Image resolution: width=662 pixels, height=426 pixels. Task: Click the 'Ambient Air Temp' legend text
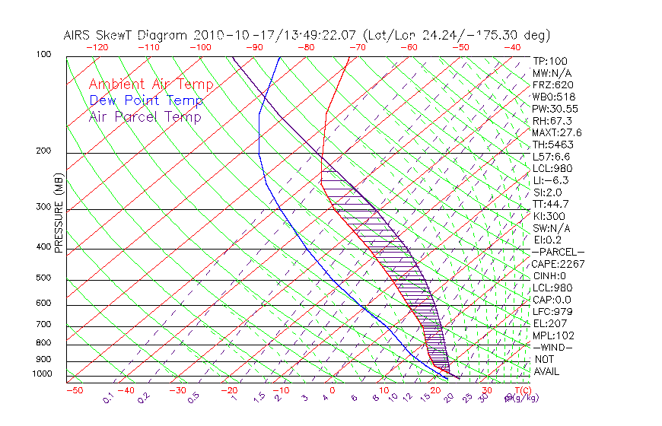pos(151,84)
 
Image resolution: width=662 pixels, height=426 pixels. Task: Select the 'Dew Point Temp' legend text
pos(145,100)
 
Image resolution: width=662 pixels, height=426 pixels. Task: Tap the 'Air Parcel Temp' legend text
pos(145,116)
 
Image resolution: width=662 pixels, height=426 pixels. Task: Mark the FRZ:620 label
pos(553,84)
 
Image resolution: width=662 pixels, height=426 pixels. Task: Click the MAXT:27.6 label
pos(555,132)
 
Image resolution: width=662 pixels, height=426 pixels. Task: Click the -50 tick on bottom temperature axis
pos(73,390)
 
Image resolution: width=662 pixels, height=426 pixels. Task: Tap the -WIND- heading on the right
pos(553,347)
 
